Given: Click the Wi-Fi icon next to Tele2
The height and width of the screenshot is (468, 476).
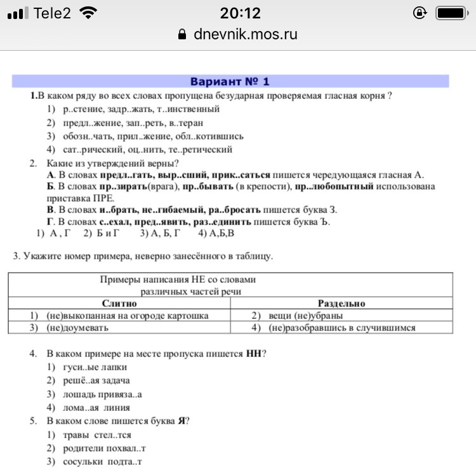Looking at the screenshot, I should pyautogui.click(x=91, y=13).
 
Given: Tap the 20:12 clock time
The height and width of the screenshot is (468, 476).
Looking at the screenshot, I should pyautogui.click(x=240, y=13).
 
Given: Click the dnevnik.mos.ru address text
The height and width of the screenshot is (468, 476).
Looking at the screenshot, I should pyautogui.click(x=246, y=34).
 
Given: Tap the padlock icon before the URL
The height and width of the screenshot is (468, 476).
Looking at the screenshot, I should pyautogui.click(x=183, y=34).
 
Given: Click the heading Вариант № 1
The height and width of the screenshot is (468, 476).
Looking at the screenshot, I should pyautogui.click(x=230, y=82).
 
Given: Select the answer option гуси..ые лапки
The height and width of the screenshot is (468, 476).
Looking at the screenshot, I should pyautogui.click(x=95, y=367).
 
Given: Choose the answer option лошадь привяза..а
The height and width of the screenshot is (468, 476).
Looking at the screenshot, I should pyautogui.click(x=102, y=394).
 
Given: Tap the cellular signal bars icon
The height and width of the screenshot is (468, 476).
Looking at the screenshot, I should pyautogui.click(x=18, y=13).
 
